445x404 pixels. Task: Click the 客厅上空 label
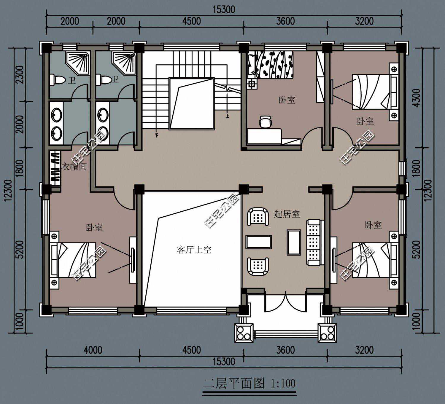pyautogui.click(x=194, y=250)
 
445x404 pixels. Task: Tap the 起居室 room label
pyautogui.click(x=287, y=214)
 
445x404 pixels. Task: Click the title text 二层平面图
pyautogui.click(x=234, y=383)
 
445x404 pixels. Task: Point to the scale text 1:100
pyautogui.click(x=283, y=383)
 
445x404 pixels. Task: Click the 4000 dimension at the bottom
pyautogui.click(x=93, y=350)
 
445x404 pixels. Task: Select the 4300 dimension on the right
pyautogui.click(x=417, y=98)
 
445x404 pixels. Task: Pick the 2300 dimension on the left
pyautogui.click(x=20, y=74)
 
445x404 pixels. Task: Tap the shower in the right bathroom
pyautogui.click(x=124, y=62)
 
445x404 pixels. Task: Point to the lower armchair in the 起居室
pyautogui.click(x=258, y=266)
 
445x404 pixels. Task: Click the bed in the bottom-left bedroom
pyautogui.click(x=74, y=260)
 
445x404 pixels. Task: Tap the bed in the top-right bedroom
pyautogui.click(x=375, y=92)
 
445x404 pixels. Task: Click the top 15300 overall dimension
pyautogui.click(x=224, y=9)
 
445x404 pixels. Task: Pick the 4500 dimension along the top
pyautogui.click(x=191, y=21)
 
